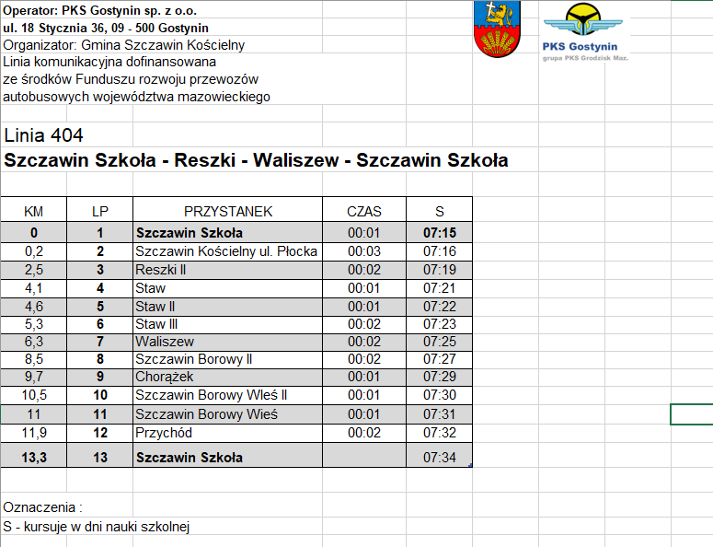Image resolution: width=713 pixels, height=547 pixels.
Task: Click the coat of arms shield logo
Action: [x=496, y=29]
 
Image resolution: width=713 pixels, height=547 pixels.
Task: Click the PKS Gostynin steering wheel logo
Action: [x=581, y=23]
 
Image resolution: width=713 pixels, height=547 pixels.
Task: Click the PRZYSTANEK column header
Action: [x=228, y=211]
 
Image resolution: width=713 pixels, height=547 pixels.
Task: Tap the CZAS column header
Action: [x=364, y=211]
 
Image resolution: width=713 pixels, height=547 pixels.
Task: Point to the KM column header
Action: [x=33, y=211]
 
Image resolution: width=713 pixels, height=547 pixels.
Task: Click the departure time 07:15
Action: [x=440, y=233]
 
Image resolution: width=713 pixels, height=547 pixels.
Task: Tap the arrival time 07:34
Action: [x=440, y=457]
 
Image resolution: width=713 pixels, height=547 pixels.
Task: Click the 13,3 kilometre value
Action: [x=33, y=457]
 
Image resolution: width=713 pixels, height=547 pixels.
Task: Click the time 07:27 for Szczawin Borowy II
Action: [x=440, y=359]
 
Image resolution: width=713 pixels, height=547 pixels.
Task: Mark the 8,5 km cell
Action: [x=33, y=359]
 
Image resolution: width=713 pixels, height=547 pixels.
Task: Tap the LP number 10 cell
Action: [x=100, y=395]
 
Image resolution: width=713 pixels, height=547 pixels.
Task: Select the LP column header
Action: [x=100, y=211]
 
